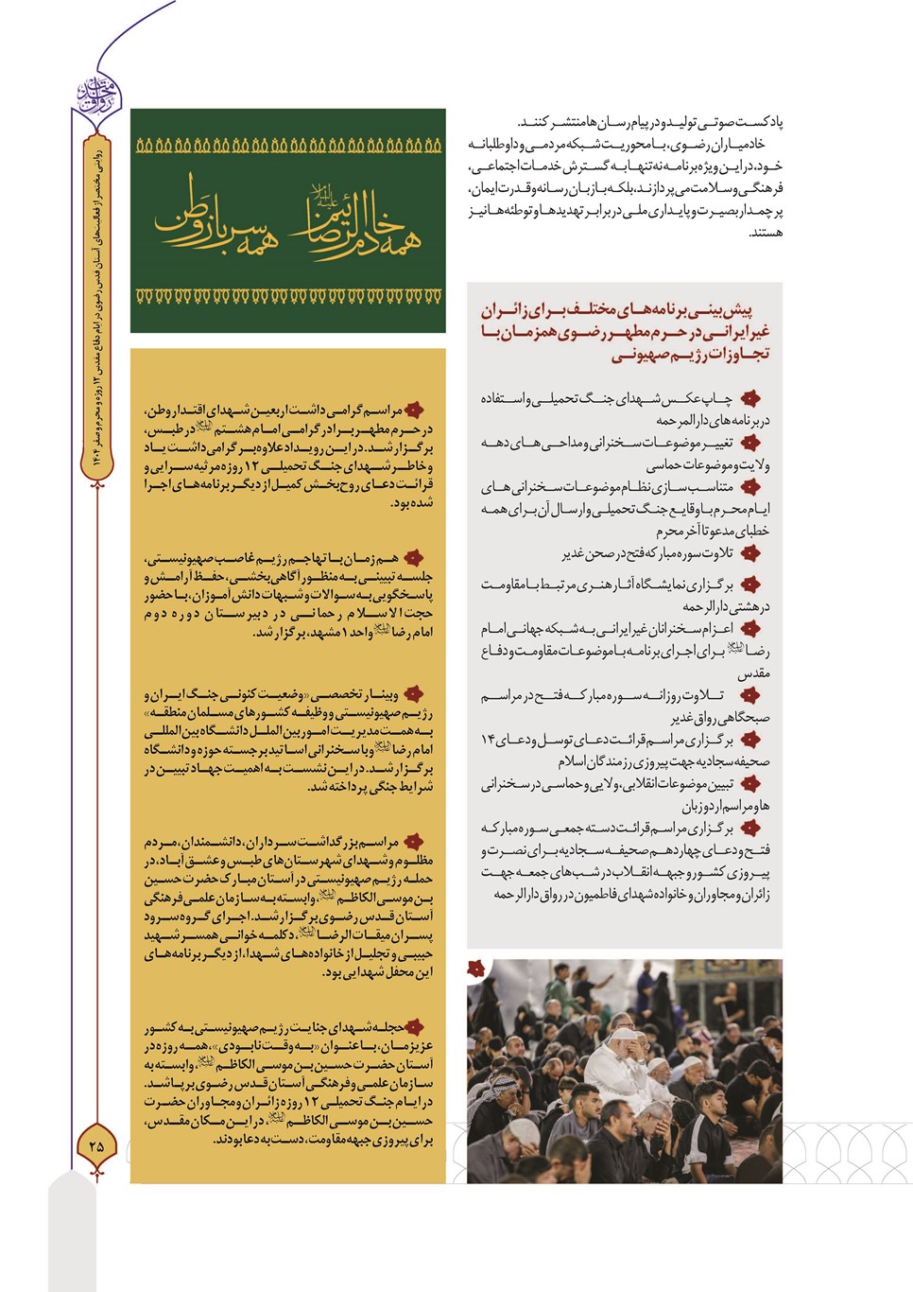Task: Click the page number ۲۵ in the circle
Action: pyautogui.click(x=96, y=1145)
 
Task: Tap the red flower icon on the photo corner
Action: pyautogui.click(x=476, y=969)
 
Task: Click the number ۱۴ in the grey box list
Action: pyautogui.click(x=488, y=740)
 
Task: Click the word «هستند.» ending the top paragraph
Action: pyautogui.click(x=766, y=233)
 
